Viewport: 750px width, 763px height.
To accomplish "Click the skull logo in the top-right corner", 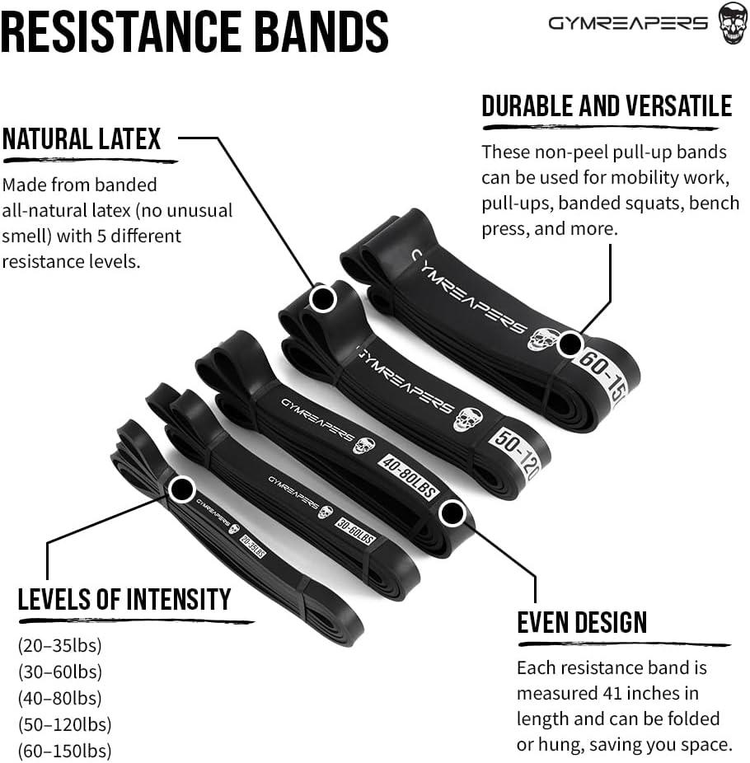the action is pos(733,23).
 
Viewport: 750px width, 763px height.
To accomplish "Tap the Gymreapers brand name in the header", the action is pos(628,23).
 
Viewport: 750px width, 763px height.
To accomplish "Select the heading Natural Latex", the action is pos(82,139).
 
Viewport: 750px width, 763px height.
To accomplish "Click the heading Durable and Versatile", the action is pos(607,106).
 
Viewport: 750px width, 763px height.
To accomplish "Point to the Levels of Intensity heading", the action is pos(124,599).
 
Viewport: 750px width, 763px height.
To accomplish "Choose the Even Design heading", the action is pos(582,622).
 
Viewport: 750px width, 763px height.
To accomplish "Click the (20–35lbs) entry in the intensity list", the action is pos(60,645).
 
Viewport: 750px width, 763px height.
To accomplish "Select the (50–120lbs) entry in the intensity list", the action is pos(65,724).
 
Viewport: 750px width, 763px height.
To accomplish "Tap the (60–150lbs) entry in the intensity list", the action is pos(65,751).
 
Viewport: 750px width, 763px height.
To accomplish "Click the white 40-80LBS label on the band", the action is pos(409,477).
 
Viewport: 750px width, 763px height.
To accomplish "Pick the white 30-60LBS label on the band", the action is pos(355,531).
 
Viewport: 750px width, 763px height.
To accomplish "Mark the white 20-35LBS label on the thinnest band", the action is pos(253,546).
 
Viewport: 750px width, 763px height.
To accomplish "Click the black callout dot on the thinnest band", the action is pos(182,489).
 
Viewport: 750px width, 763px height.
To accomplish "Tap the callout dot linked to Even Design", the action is pos(452,513).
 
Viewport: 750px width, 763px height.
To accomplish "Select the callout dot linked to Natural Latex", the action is pos(323,297).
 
